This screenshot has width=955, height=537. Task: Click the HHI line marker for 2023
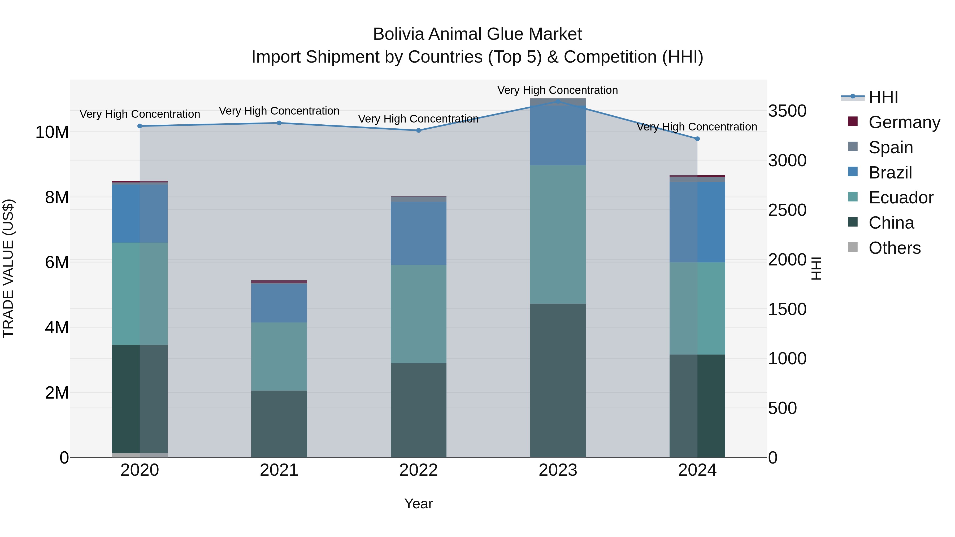[x=558, y=101]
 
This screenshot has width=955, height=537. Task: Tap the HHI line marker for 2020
[x=140, y=126]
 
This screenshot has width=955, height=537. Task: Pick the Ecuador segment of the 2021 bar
[x=279, y=356]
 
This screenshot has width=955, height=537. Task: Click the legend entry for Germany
[x=904, y=122]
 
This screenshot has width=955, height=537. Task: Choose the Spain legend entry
[x=891, y=147]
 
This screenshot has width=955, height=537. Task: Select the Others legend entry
[x=894, y=248]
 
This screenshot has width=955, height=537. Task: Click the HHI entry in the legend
[x=883, y=97]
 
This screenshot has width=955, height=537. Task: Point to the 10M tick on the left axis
[x=52, y=132]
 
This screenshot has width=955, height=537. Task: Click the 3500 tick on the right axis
[x=787, y=111]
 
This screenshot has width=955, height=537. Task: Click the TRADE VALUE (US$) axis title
[x=8, y=268]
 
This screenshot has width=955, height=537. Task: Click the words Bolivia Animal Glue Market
[x=477, y=34]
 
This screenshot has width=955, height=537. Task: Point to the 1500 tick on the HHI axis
[x=787, y=309]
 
